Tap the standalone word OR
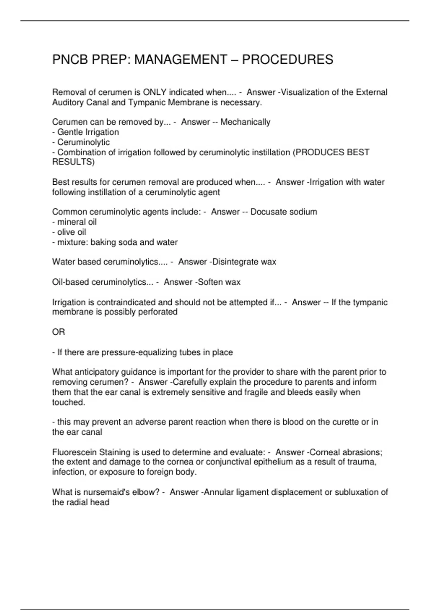pyautogui.click(x=58, y=332)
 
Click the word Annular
pyautogui.click(x=219, y=492)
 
